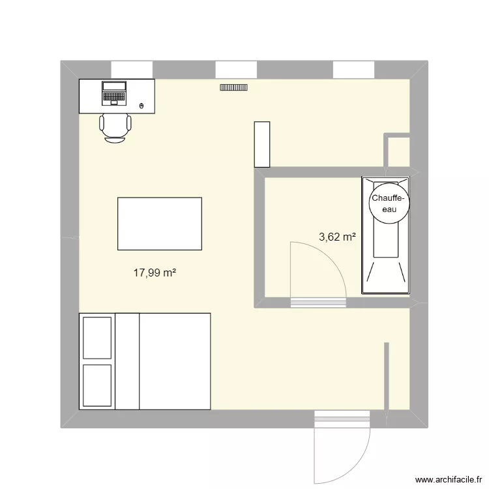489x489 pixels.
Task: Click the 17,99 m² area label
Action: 156,273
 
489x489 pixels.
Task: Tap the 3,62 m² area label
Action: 337,237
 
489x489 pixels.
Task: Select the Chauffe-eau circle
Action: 389,204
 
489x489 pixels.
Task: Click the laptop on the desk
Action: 114,93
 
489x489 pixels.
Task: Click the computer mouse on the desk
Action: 143,105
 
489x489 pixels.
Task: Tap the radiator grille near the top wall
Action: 234,87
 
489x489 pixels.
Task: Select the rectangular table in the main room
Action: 160,224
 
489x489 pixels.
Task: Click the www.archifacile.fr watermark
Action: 446,479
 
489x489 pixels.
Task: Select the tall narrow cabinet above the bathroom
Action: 262,144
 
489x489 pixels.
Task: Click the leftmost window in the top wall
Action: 132,69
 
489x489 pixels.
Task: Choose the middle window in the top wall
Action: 236,69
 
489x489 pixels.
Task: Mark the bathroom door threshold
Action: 318,302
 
